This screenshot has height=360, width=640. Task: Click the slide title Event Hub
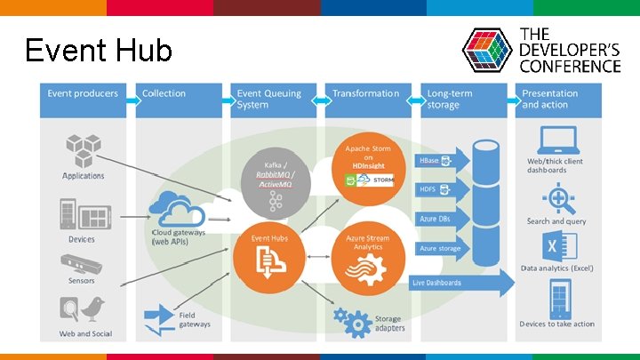click(x=98, y=50)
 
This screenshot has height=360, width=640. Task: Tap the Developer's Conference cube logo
click(x=488, y=51)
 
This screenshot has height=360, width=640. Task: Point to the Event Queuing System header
click(x=272, y=98)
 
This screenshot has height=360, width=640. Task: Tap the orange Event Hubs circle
click(x=268, y=253)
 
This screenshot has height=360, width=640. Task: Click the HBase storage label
click(x=435, y=162)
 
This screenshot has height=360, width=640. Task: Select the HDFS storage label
click(x=435, y=189)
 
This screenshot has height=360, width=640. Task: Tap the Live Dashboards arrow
click(x=462, y=283)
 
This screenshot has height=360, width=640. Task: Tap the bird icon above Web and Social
click(x=92, y=308)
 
